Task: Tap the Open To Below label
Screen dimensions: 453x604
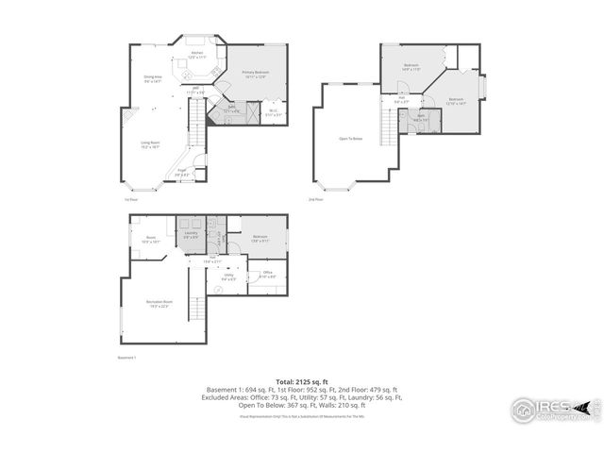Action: click(351, 139)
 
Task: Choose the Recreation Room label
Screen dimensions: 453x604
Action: click(158, 303)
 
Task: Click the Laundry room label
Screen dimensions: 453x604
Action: click(190, 234)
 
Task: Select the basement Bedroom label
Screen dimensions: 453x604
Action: click(260, 238)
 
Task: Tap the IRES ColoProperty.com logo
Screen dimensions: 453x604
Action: click(555, 410)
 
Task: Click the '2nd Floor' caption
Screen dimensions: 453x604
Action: click(315, 200)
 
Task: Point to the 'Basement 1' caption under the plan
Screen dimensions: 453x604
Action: click(127, 359)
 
